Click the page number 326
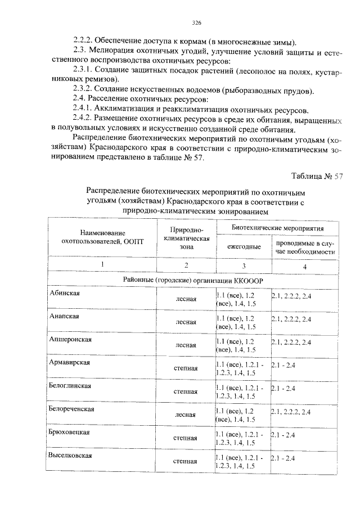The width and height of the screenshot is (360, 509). click(196, 23)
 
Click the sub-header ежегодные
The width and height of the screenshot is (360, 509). click(244, 246)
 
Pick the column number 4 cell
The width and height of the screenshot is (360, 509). click(305, 266)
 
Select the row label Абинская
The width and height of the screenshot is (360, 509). click(63, 294)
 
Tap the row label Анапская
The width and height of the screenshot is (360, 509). click(63, 317)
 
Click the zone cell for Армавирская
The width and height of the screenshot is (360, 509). click(186, 368)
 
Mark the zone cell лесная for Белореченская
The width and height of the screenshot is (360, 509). click(186, 415)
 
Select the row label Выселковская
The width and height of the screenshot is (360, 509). click(70, 455)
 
